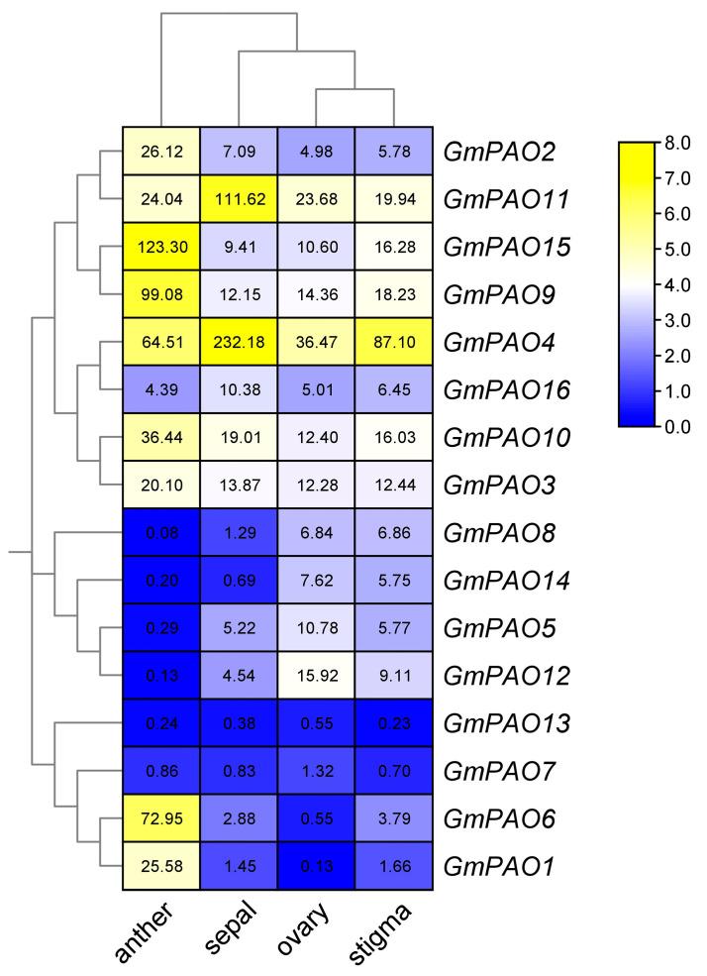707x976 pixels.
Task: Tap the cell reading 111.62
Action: tap(239, 199)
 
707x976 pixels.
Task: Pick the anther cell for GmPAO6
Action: tap(161, 819)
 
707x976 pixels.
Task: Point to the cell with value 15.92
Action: tap(316, 677)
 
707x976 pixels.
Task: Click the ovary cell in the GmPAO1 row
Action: tap(316, 867)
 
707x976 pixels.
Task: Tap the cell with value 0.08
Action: tap(161, 534)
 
